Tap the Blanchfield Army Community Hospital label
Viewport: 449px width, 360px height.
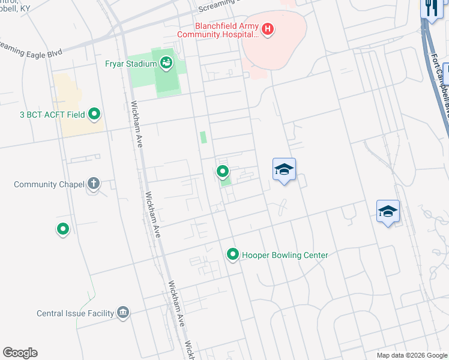(x=227, y=29)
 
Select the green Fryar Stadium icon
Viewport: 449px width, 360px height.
(x=166, y=61)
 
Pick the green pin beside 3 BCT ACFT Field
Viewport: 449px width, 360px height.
(x=94, y=113)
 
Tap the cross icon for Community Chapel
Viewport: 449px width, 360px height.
(x=93, y=184)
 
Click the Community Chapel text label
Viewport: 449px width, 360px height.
(x=49, y=184)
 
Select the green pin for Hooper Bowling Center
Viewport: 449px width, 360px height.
(x=233, y=255)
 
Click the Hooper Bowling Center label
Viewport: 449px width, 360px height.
(x=285, y=255)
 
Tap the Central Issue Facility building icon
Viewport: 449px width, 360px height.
(x=123, y=313)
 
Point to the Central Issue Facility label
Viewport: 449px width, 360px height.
(x=75, y=313)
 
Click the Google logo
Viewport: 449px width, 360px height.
(x=20, y=353)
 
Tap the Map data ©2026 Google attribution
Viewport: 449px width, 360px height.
(x=411, y=355)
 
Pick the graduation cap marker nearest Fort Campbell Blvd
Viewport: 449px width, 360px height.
(x=388, y=212)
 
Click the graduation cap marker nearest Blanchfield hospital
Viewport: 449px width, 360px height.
(x=284, y=170)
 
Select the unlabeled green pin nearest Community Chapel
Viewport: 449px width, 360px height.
(x=62, y=229)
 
